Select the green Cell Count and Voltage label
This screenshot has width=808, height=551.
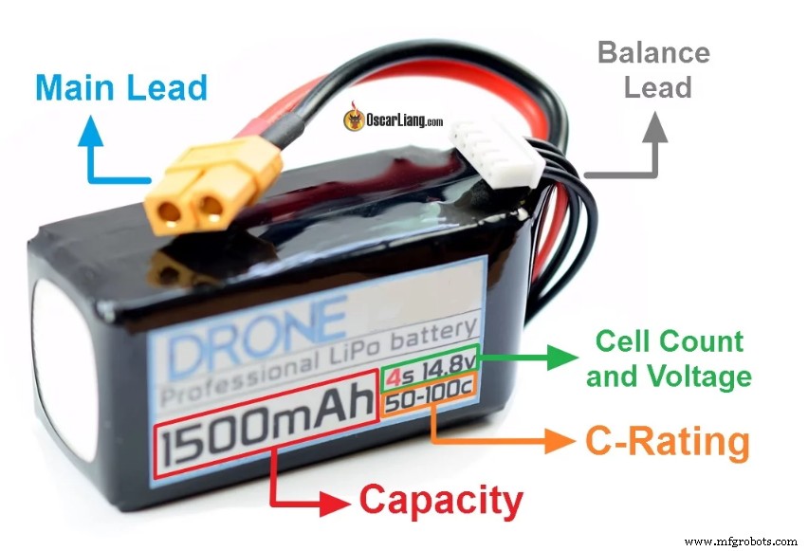point(669,358)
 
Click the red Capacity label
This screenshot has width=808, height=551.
point(441,500)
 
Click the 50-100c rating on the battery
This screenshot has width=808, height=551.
point(429,403)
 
